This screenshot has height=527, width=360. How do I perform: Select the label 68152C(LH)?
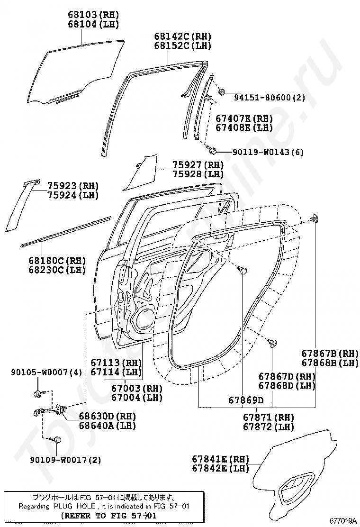pos(182,46)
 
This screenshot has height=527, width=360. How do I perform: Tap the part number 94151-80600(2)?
pos(270,98)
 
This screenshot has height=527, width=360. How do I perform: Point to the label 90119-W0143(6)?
pos(268,152)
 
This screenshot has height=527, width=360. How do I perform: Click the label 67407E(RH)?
pos(244,118)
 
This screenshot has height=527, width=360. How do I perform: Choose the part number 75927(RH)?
pos(198,165)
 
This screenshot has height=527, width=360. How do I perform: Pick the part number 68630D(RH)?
pos(107,416)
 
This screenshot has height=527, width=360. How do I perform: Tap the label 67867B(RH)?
pos(330,353)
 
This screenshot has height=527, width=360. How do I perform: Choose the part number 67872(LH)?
pos(269,427)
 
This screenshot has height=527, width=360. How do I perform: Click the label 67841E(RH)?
pos(221,459)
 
